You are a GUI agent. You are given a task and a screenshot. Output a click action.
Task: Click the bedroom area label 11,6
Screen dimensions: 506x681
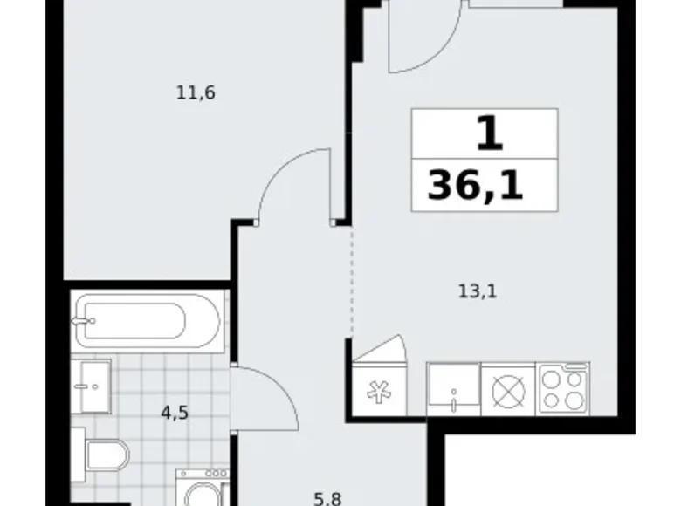click(196, 92)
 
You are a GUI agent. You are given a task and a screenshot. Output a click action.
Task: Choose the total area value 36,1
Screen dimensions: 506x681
click(476, 186)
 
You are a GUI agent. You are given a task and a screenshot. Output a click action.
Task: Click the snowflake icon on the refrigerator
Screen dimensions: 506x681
click(377, 390)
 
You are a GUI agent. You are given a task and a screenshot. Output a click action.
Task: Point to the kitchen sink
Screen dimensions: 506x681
click(453, 389)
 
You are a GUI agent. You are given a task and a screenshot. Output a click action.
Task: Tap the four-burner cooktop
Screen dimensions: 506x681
click(564, 390)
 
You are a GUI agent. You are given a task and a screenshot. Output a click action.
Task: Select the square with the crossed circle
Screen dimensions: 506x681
click(507, 390)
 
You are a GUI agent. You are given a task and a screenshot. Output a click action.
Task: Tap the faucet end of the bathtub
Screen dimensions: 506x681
click(86, 321)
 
